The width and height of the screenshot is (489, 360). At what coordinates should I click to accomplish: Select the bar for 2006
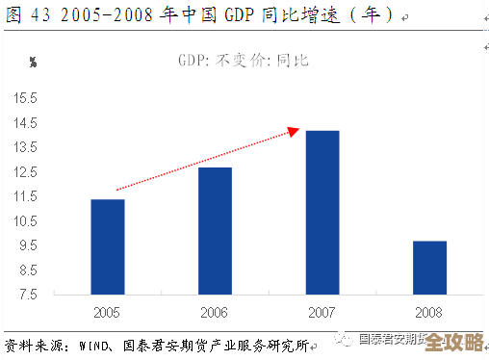pos(215,230)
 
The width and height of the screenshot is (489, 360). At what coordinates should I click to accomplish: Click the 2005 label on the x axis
pos(107,312)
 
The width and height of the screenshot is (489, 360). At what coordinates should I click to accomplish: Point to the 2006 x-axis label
pos(215,312)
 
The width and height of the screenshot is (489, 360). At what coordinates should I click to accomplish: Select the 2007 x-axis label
pos(322,312)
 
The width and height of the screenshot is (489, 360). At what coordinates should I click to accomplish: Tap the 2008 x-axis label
pos(429,312)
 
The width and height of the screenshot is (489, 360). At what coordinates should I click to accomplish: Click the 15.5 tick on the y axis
pos(25,99)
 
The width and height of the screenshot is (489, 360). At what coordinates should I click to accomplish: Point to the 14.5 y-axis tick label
pos(25,123)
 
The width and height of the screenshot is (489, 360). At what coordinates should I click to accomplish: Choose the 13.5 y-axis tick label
pos(25,147)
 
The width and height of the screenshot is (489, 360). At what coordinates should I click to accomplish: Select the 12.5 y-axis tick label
pos(25,172)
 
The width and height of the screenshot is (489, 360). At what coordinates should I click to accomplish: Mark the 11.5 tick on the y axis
pos(25,196)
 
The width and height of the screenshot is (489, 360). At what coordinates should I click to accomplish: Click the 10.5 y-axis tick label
pos(25,221)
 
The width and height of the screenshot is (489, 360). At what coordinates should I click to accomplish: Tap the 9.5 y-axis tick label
pos(28,245)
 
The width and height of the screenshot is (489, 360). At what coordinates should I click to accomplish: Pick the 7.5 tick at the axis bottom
pos(28,294)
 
